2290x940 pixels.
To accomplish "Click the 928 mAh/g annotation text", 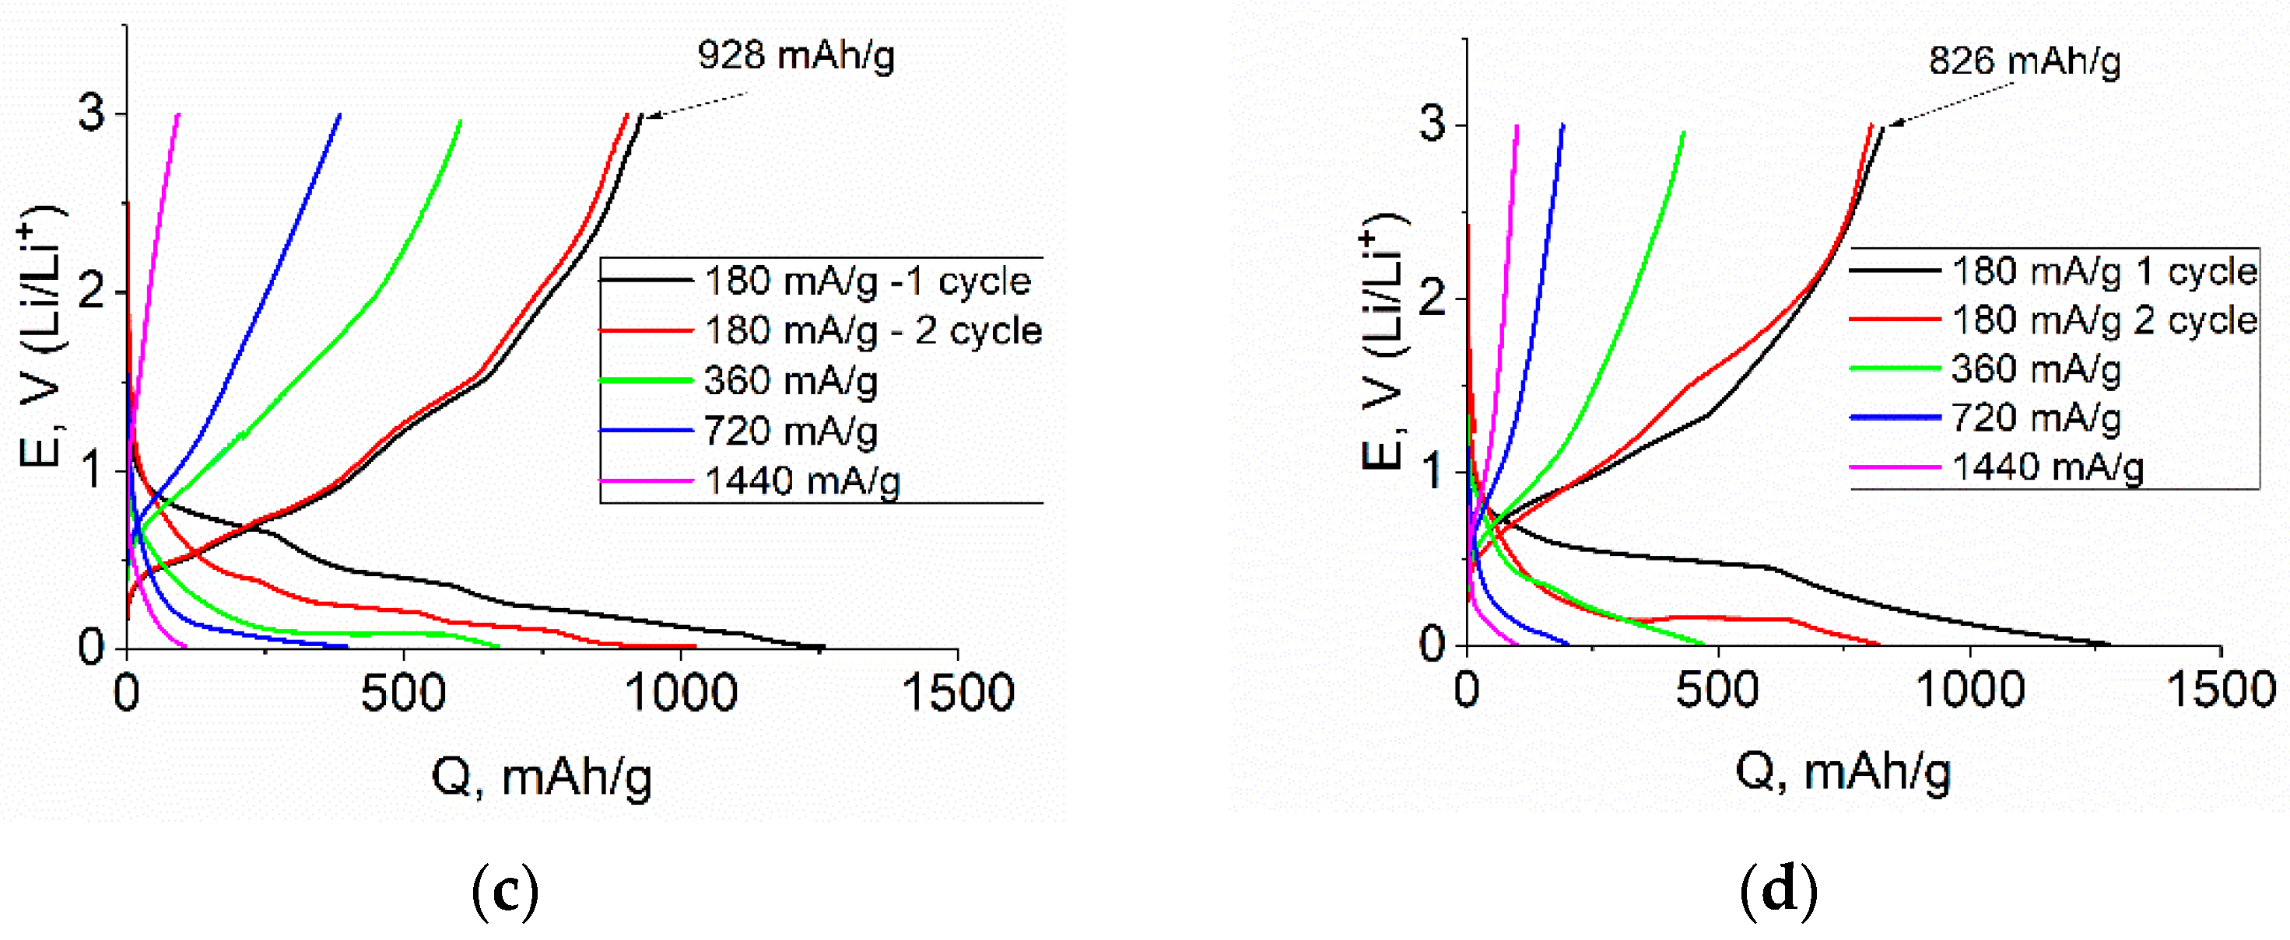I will coord(796,55).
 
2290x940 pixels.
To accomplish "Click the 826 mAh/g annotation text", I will coord(2024,61).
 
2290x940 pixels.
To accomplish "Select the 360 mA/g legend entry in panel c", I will coord(790,380).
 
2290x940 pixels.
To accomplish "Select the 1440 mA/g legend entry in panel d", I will coord(2046,467).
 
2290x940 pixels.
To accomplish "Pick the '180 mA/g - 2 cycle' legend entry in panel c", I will coord(872,330).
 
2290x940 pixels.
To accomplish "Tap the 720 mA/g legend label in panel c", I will coord(790,431).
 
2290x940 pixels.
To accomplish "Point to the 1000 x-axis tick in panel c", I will coord(681,692).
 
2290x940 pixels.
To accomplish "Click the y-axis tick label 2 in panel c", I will coord(92,292).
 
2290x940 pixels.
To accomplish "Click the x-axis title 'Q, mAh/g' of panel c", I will coord(542,777).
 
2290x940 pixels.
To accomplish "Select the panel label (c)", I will coord(505,892).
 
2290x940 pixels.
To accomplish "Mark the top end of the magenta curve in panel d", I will coord(1517,126).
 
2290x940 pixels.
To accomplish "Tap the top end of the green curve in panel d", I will coord(1684,133).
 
